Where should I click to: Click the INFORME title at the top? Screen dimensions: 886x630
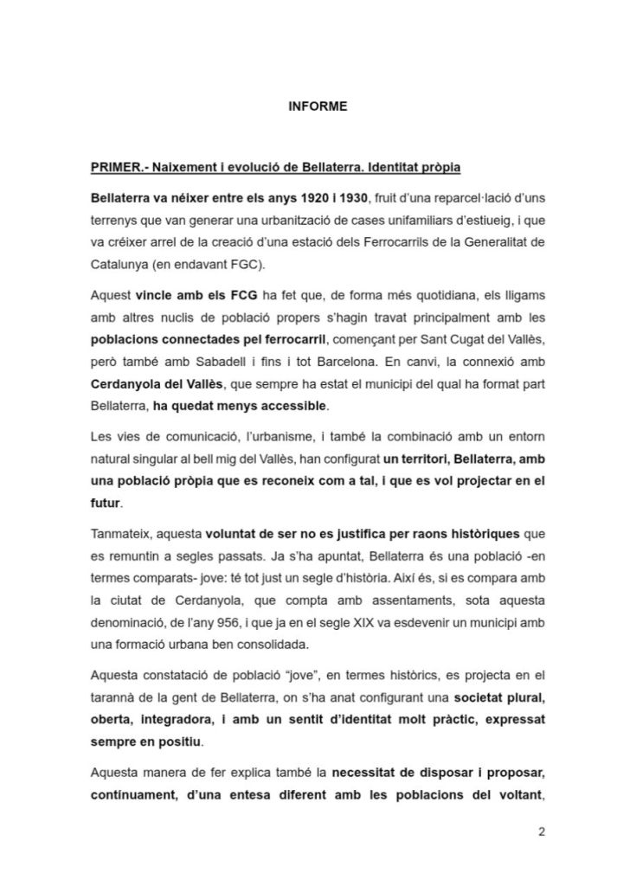(x=317, y=106)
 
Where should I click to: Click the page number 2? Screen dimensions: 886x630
(x=541, y=833)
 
